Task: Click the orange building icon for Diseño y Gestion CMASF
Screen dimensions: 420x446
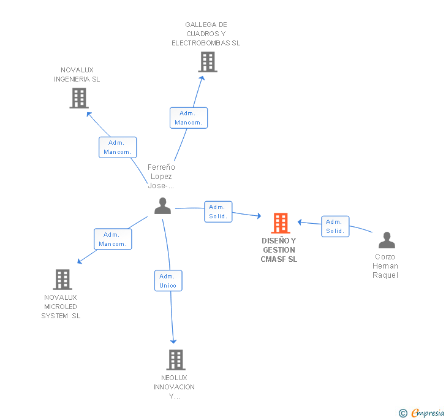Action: tap(281, 223)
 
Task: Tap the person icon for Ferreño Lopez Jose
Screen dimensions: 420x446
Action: tap(162, 207)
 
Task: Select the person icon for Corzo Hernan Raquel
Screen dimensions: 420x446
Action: tap(387, 240)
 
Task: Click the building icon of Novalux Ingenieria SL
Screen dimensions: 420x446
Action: tap(78, 98)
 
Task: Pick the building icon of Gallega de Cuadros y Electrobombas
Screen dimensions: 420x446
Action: tap(208, 62)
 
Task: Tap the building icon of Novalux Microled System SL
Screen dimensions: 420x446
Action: tap(62, 280)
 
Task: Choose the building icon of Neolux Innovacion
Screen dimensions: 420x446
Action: tap(175, 359)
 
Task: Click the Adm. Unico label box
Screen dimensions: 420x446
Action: tap(168, 281)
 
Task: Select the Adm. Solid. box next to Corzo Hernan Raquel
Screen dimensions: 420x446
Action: tap(335, 226)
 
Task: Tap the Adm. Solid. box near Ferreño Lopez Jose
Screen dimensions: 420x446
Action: tap(218, 212)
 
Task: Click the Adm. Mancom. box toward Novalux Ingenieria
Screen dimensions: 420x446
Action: tap(118, 147)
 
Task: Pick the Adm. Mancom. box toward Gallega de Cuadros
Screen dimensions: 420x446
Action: tap(189, 118)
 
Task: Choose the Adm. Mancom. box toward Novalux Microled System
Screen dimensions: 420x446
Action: tap(113, 239)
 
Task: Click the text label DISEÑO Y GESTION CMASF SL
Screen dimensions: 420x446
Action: tap(279, 250)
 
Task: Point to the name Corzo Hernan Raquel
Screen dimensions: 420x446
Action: tap(385, 266)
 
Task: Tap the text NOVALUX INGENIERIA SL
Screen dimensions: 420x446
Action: tap(77, 75)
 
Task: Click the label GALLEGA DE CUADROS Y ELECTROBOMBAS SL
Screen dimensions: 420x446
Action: tap(206, 34)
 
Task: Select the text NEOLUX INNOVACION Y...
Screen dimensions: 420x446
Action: tap(175, 387)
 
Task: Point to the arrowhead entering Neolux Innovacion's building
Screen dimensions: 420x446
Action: tap(173, 341)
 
